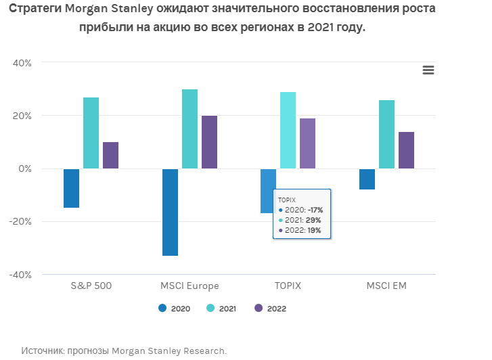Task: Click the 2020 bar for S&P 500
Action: point(71,188)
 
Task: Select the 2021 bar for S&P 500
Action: point(91,133)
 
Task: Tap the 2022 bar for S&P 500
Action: point(110,155)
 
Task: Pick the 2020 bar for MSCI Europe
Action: point(170,212)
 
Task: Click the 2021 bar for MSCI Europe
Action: point(189,129)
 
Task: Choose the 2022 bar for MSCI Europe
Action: point(209,142)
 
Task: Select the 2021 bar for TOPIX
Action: point(288,130)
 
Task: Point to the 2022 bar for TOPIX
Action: point(307,143)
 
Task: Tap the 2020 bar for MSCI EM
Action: point(367,179)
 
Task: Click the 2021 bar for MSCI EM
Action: point(386,134)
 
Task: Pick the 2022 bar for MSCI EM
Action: point(406,150)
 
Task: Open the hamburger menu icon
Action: point(428,70)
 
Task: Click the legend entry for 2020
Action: point(175,309)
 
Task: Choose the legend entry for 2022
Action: point(270,309)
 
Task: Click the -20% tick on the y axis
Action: point(20,221)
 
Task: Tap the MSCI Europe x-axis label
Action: point(189,286)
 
